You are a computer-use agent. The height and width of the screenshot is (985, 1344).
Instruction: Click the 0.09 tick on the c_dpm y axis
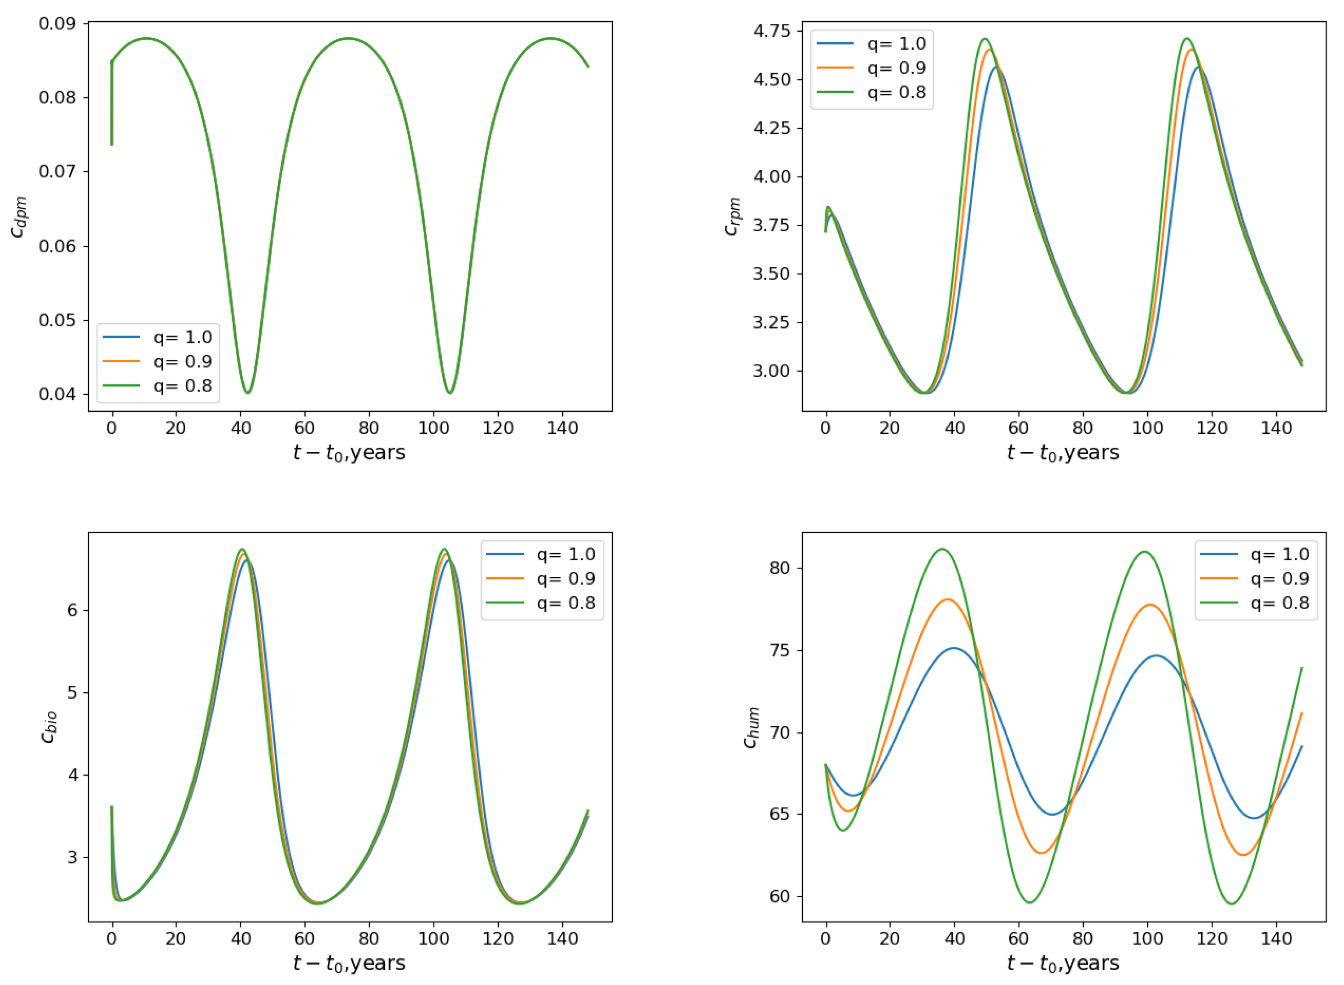[57, 24]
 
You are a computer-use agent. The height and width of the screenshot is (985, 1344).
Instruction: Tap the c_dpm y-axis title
[19, 217]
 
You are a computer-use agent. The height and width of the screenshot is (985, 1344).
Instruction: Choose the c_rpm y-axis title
[733, 217]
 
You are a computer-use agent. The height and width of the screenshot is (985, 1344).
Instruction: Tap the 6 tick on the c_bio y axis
[72, 610]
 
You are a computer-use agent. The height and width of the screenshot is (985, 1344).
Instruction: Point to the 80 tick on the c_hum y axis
[779, 568]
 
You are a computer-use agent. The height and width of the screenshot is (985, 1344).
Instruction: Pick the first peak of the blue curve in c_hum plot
[954, 648]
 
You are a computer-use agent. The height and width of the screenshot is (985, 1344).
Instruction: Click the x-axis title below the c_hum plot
[1063, 963]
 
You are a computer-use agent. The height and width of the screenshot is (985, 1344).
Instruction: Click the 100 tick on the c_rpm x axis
[1148, 428]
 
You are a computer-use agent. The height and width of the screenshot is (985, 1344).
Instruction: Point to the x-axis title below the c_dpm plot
[349, 453]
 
